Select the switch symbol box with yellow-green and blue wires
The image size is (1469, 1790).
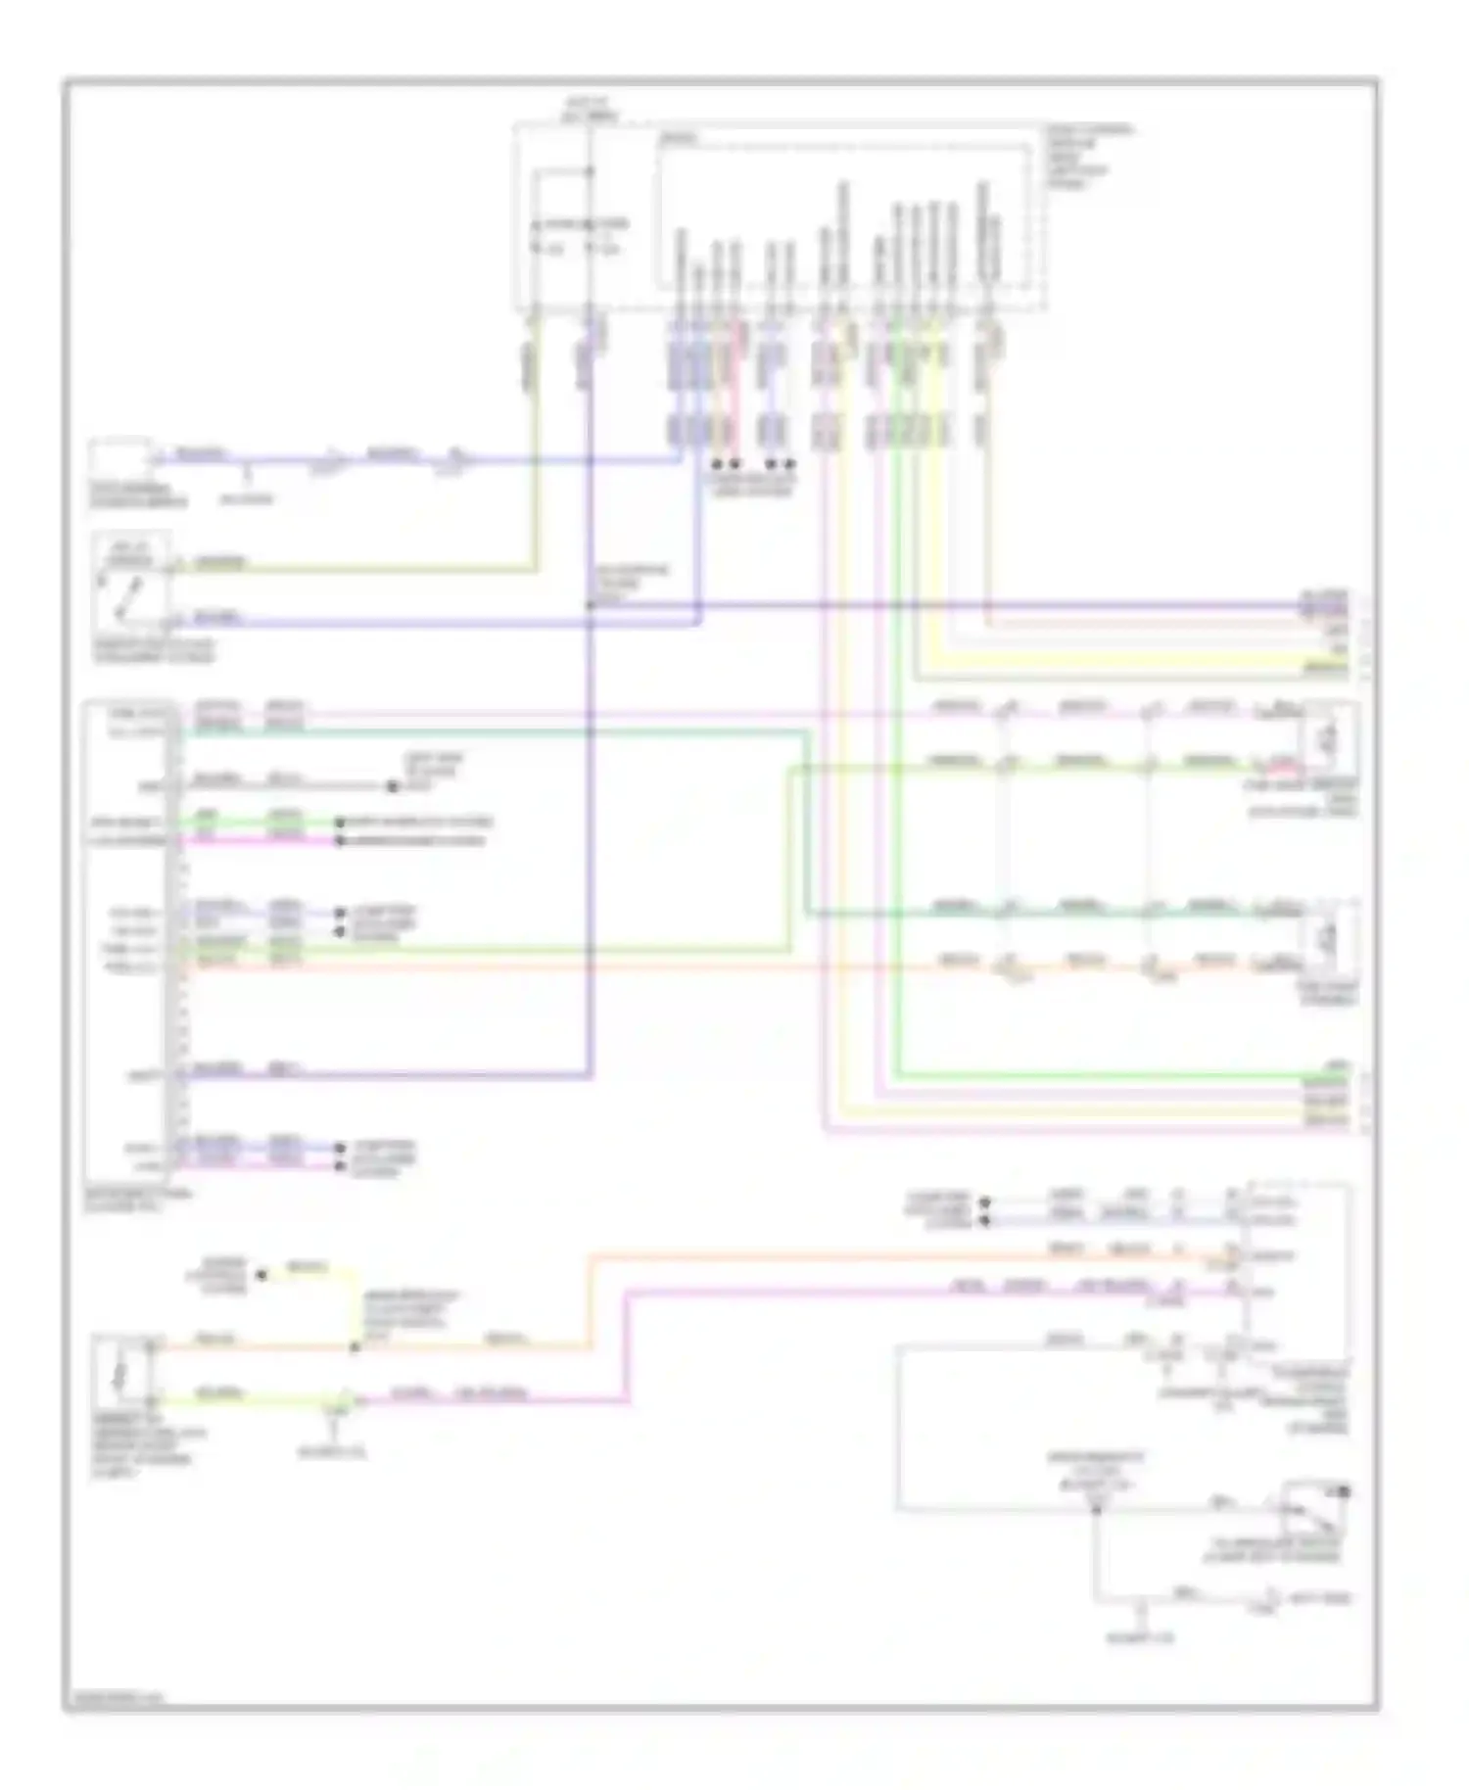(131, 585)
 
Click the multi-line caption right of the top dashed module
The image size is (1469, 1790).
(1090, 157)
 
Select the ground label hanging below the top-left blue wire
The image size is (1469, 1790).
(246, 499)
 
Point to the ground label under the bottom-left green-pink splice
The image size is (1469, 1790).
(333, 1452)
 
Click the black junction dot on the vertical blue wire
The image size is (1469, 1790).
(590, 606)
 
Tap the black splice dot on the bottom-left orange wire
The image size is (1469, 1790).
(355, 1348)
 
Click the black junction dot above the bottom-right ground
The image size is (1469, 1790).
(1096, 1509)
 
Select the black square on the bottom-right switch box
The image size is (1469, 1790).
(1346, 1491)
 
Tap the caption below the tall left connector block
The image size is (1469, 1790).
(137, 1201)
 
